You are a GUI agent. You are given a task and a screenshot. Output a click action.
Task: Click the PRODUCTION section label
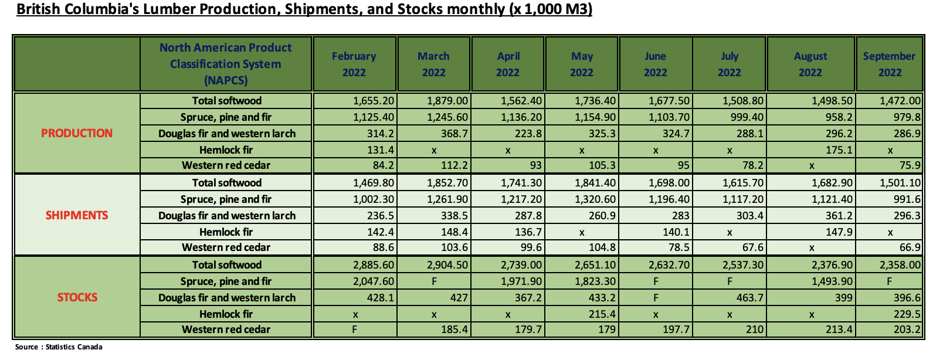coord(77,133)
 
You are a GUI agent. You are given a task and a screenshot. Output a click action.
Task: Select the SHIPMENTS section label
coord(77,215)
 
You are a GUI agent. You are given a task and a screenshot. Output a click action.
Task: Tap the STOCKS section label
coord(77,297)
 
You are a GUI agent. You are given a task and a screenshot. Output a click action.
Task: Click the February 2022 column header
coord(354,64)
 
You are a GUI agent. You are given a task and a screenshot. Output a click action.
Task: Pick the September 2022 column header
coord(889,64)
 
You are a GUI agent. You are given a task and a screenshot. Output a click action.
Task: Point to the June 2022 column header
coord(655,64)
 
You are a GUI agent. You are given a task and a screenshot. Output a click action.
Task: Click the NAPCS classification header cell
coord(226,64)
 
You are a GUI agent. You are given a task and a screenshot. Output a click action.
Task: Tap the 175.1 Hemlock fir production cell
coord(839,150)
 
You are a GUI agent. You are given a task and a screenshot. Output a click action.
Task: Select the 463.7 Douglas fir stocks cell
coord(750,298)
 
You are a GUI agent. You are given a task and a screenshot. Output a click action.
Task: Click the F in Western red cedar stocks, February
coord(354,330)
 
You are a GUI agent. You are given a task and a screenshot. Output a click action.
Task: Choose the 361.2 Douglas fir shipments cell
coord(839,216)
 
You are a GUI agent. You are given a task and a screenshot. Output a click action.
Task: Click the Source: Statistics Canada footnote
coord(59,347)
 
